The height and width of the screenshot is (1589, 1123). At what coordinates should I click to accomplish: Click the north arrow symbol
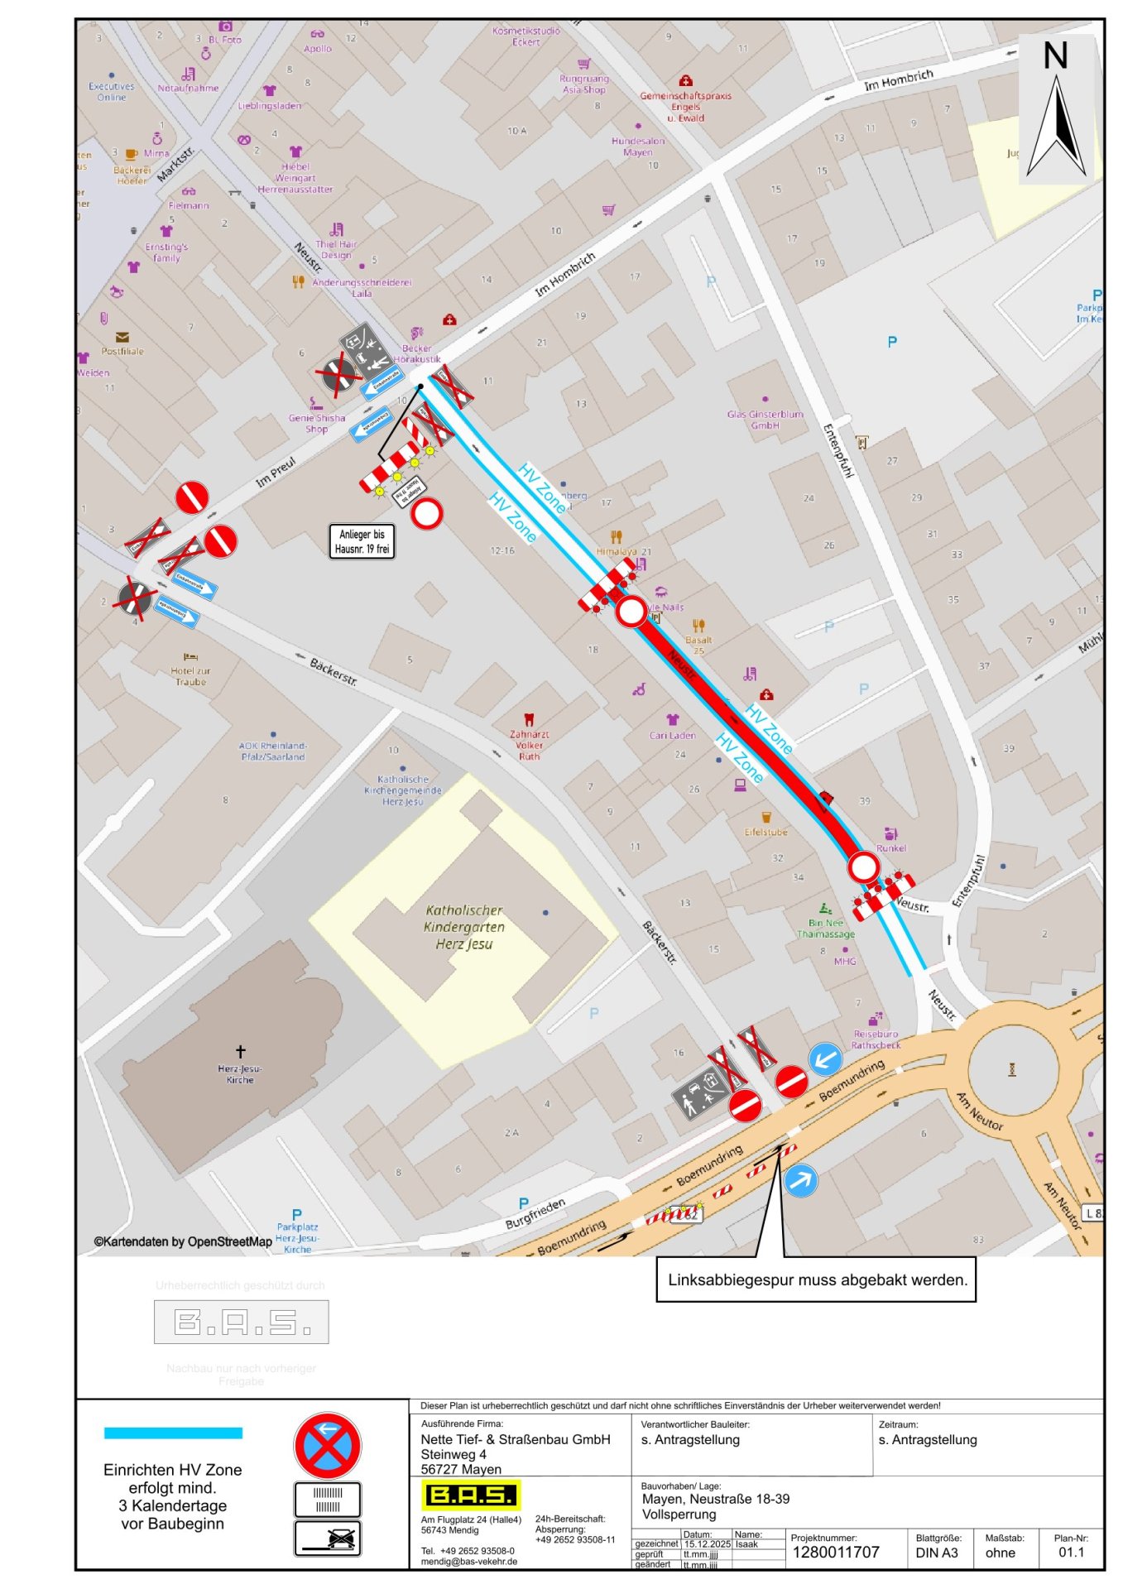point(1056,124)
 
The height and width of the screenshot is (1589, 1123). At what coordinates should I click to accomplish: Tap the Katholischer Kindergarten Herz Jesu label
point(463,927)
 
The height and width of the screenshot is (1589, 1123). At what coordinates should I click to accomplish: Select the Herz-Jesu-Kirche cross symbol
point(241,1051)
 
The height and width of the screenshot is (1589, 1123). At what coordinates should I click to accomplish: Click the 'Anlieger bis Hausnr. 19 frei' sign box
point(362,541)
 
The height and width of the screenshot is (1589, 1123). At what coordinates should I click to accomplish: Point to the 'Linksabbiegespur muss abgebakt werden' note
point(816,1279)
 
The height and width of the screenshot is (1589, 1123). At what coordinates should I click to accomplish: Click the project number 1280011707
point(836,1552)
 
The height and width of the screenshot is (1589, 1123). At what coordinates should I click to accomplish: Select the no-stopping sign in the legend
point(328,1446)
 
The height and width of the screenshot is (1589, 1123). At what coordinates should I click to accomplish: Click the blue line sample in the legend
point(173,1433)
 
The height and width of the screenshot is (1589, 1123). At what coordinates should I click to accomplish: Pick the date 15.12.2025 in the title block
point(707,1543)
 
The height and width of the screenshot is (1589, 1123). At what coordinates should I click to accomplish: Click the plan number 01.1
point(1071,1552)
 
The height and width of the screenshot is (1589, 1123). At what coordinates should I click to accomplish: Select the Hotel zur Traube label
point(190,676)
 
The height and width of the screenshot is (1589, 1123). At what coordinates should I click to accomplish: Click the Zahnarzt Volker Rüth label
point(529,745)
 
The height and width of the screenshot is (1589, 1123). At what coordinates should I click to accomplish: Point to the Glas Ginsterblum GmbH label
point(765,420)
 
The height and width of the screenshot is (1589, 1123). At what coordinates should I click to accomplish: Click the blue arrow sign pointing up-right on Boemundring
point(800,1180)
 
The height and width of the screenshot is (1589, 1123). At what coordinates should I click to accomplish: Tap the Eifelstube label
point(765,832)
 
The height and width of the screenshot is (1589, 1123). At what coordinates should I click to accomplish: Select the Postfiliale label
point(122,351)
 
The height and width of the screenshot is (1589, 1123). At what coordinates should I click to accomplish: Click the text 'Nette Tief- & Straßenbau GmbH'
point(515,1439)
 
